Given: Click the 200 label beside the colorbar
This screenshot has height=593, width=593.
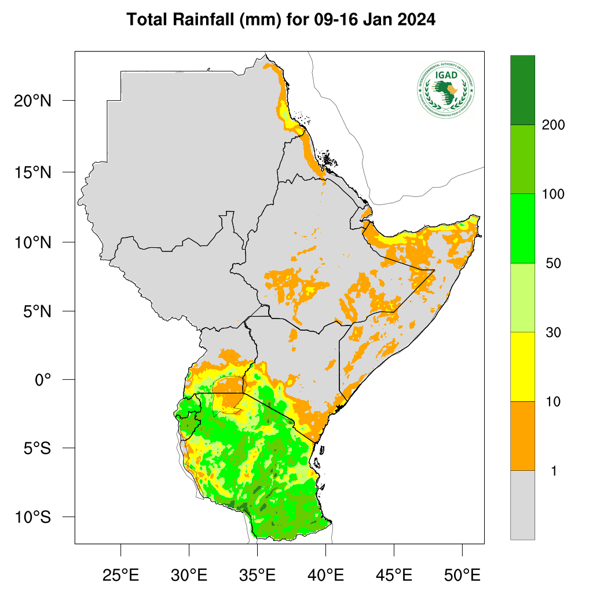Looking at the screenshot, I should [553, 125].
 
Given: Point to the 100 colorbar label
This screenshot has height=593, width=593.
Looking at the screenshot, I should [553, 194].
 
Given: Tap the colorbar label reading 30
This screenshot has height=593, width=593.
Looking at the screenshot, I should [553, 332].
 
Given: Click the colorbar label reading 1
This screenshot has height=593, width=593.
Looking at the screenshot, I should [554, 471].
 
